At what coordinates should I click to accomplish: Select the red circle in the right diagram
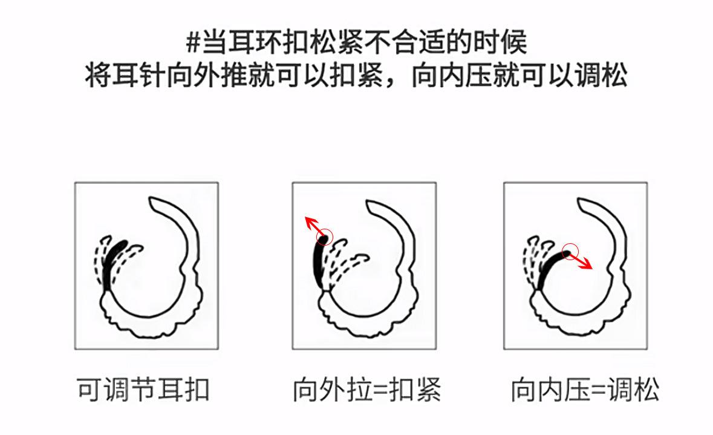570,251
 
